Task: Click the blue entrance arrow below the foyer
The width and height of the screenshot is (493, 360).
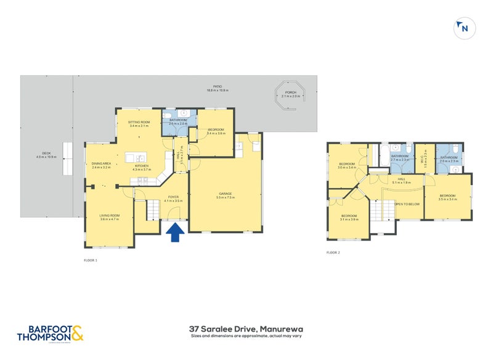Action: [x=175, y=232]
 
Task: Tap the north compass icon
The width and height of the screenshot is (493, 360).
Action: [x=463, y=28]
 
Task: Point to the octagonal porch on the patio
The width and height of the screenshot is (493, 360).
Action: [x=290, y=95]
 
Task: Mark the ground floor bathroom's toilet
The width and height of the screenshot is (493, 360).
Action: [x=169, y=115]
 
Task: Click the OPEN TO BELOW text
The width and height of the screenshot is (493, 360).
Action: [x=407, y=203]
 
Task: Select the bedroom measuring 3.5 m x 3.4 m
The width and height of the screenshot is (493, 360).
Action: [x=447, y=197]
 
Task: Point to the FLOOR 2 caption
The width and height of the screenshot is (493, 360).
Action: [x=333, y=252]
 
